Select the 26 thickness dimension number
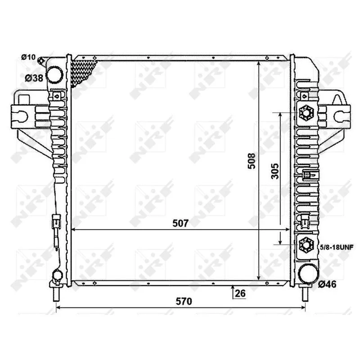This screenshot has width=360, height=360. (x=240, y=293)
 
